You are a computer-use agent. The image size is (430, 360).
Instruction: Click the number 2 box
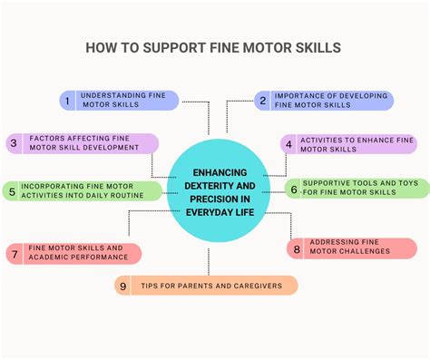pyautogui.click(x=263, y=100)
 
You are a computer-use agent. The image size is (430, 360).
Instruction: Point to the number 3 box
pyautogui.click(x=14, y=143)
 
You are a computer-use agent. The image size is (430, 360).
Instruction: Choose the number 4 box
pyautogui.click(x=288, y=143)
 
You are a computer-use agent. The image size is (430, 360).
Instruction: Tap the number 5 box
pyautogui.click(x=12, y=190)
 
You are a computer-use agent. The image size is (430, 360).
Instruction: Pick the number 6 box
pyautogui.click(x=294, y=188)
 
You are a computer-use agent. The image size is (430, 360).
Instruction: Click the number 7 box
pyautogui.click(x=15, y=253)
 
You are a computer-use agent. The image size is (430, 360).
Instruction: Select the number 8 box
pyautogui.click(x=296, y=248)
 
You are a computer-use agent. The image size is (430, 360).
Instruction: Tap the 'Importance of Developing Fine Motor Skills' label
pyautogui.click(x=330, y=100)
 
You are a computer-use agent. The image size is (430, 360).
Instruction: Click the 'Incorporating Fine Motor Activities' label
pyautogui.click(x=91, y=190)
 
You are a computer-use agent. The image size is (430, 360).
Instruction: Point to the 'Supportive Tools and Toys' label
pyautogui.click(x=361, y=188)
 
